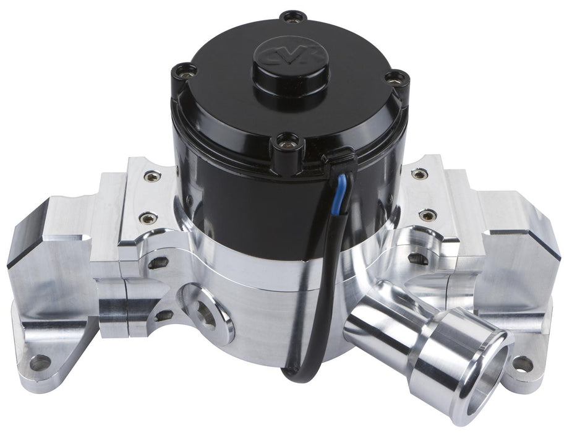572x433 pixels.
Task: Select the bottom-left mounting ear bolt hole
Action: [41, 362]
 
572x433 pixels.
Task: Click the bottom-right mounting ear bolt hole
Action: [523, 364]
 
